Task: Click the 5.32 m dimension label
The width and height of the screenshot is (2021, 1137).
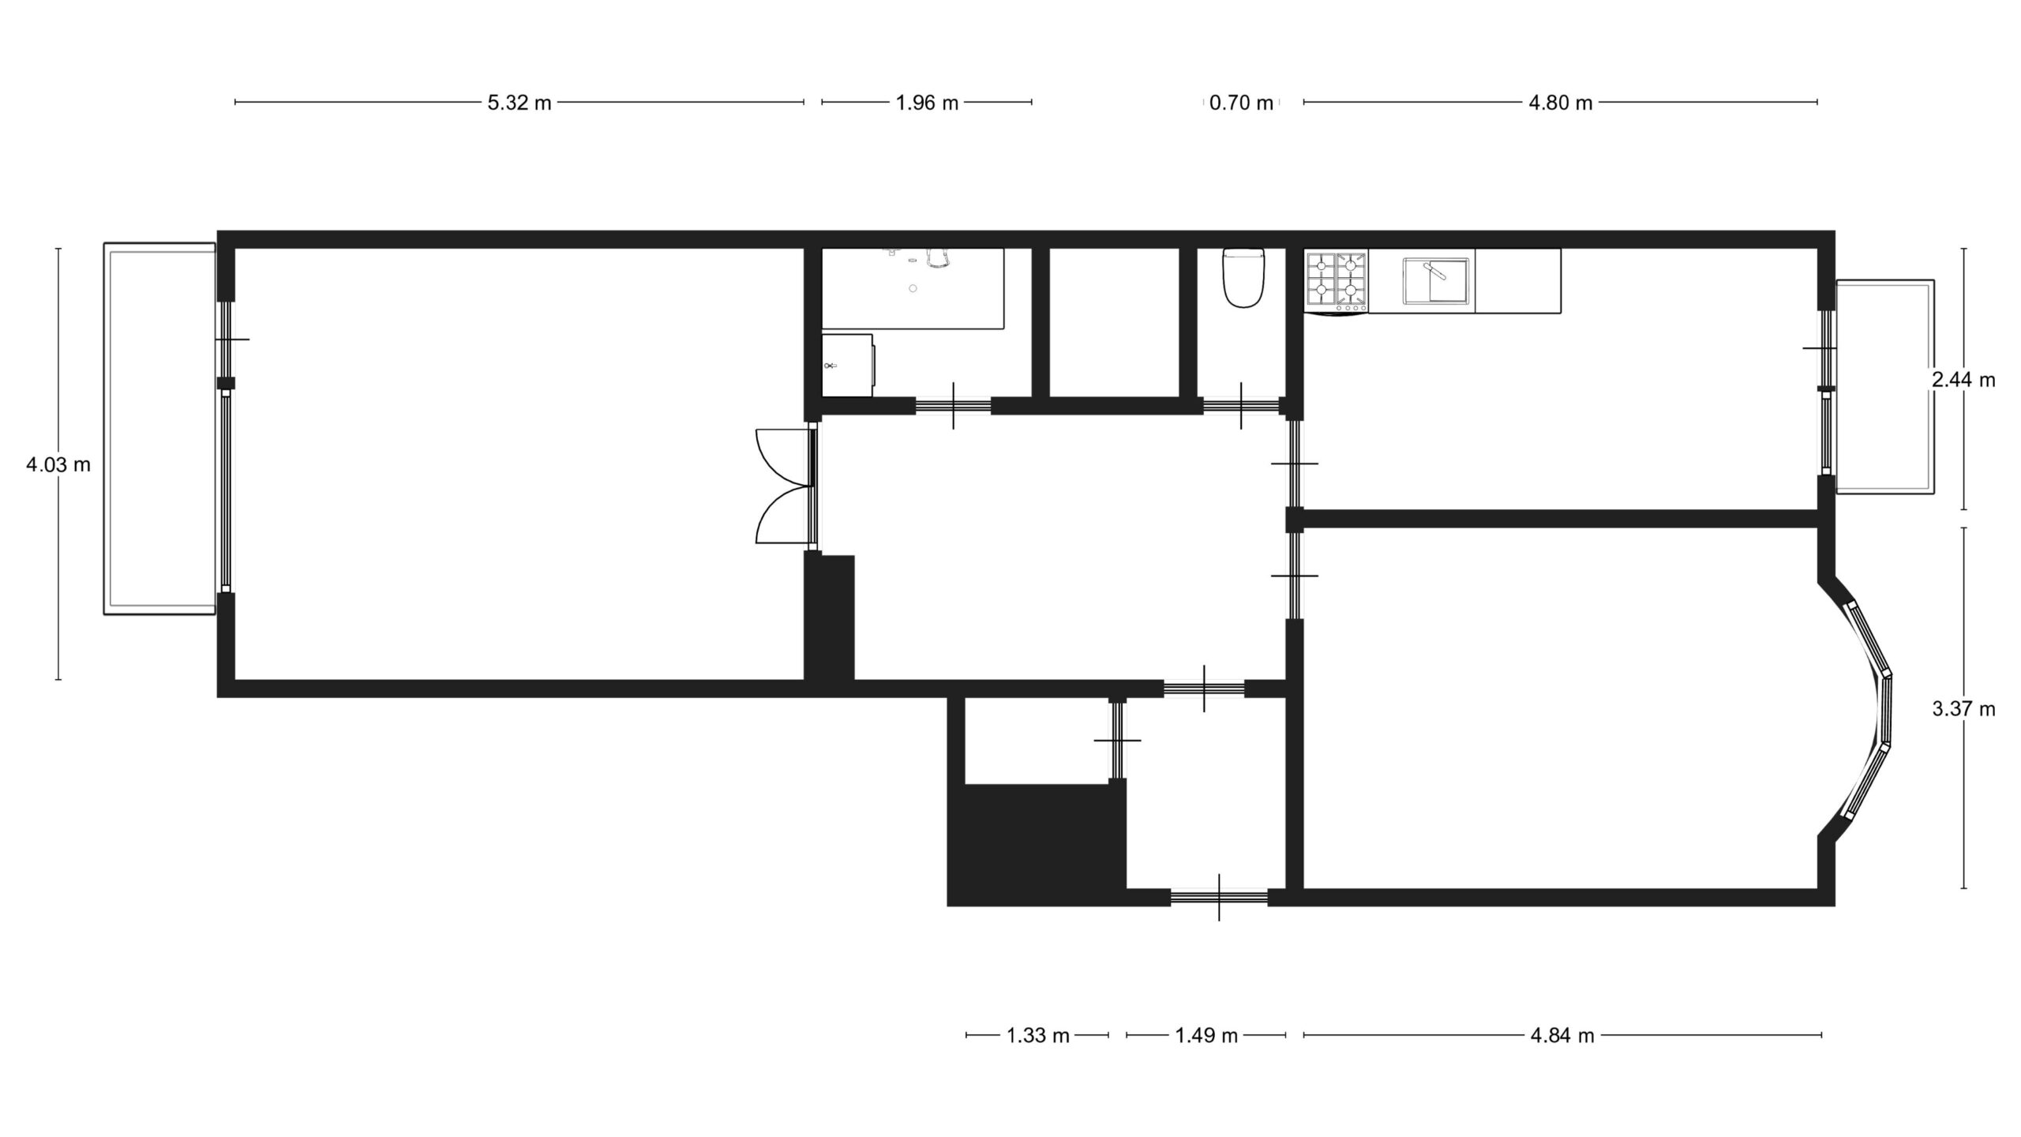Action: pos(519,103)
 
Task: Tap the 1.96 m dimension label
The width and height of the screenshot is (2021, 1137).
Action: pos(927,103)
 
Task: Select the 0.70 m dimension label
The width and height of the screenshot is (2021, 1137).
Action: pos(1241,103)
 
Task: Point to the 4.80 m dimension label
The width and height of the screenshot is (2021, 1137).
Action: pos(1560,103)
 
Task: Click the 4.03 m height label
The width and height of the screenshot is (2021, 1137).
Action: pos(58,465)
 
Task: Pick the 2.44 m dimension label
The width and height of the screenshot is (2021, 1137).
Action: pos(1963,380)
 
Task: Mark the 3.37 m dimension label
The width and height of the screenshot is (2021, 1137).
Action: pos(1963,709)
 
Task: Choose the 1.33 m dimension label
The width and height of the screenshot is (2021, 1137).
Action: pos(1037,1035)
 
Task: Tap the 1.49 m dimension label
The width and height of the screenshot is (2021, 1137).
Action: pos(1206,1035)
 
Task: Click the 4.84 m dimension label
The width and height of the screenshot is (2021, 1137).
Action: pos(1562,1035)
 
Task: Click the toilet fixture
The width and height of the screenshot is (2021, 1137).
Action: pos(1243,277)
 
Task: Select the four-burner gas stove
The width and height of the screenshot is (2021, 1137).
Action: pos(1337,281)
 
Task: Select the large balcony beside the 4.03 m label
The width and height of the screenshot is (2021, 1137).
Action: pos(159,429)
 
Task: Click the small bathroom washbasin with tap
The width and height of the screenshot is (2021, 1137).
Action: pos(848,365)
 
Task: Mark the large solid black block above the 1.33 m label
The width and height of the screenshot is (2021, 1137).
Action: pos(1036,845)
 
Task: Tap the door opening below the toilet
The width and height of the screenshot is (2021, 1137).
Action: pos(1241,406)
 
